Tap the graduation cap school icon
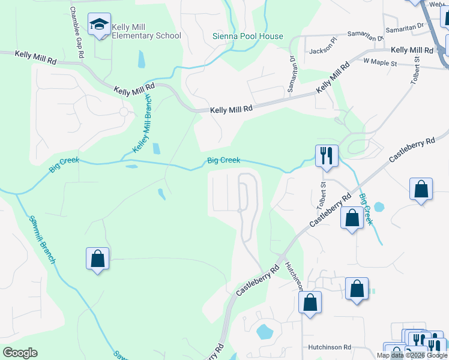pos(99,25)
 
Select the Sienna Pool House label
pos(247,36)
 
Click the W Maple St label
pos(380,62)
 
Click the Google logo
pos(20,353)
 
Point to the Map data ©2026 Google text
pos(412,355)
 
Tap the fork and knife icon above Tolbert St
pos(327,156)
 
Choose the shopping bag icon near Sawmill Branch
pos(97,259)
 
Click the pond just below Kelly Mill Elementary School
pos(141,59)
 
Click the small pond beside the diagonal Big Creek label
pos(379,208)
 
